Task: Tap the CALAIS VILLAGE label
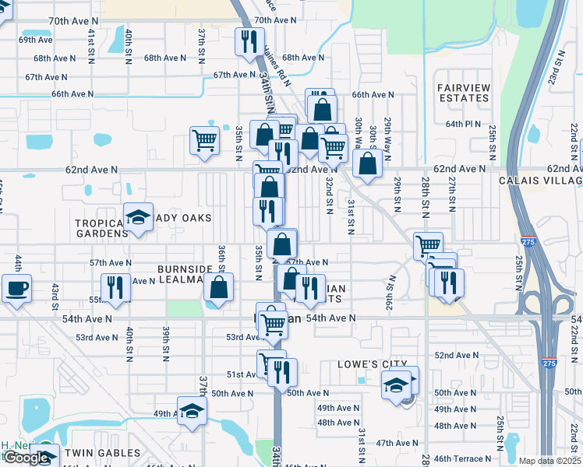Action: [x=540, y=181]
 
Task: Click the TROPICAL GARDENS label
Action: [x=101, y=228]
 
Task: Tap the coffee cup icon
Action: [x=16, y=289]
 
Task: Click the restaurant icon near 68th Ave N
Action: [x=249, y=42]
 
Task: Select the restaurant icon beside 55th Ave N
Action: [x=115, y=288]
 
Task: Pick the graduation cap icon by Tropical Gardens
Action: [x=138, y=218]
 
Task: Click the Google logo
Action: [x=26, y=458]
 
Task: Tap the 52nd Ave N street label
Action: [x=457, y=355]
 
